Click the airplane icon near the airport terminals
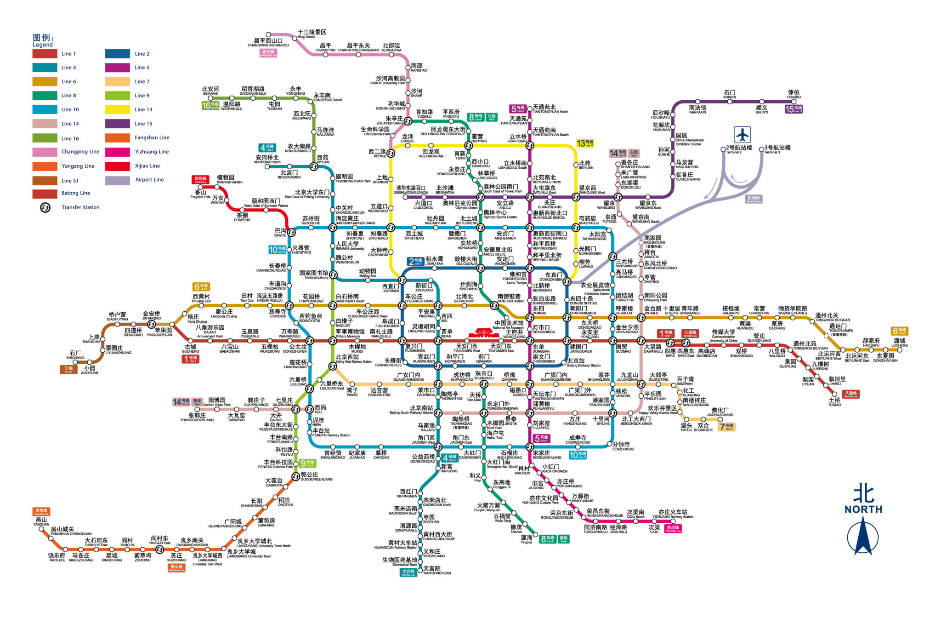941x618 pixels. [x=742, y=135]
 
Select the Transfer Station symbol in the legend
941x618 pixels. [x=45, y=207]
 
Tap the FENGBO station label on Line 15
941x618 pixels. [x=794, y=94]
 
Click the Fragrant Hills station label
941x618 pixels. [x=200, y=195]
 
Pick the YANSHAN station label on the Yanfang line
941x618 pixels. [x=41, y=522]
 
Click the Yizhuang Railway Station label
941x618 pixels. [x=673, y=514]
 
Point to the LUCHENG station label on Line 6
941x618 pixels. [x=899, y=343]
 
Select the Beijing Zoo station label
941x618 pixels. [x=367, y=273]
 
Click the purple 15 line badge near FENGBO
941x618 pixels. [x=794, y=109]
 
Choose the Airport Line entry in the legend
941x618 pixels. [x=149, y=180]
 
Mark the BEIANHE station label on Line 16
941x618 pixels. [x=210, y=91]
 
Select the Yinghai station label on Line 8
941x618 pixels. [x=527, y=539]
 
